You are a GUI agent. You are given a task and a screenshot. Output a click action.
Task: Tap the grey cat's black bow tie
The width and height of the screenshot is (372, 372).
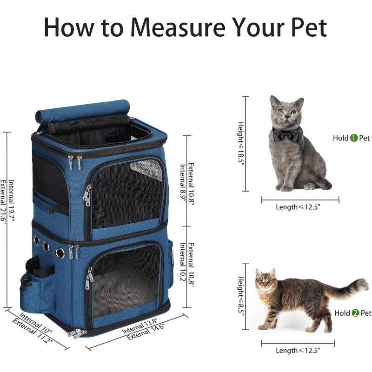286,135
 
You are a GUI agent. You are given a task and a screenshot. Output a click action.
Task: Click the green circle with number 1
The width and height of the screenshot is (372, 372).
353,138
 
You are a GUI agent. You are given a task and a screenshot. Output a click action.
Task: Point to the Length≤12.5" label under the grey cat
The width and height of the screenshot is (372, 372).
298,207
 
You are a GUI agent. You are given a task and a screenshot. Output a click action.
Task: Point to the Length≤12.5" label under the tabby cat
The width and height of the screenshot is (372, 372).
298,351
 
